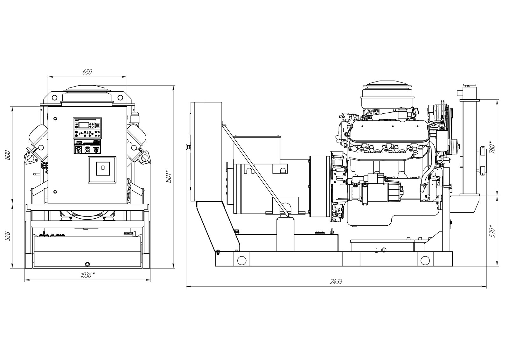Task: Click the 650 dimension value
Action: (x=87, y=72)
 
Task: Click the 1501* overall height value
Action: (x=169, y=176)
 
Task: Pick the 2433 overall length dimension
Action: (x=336, y=282)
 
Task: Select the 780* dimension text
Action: (x=492, y=147)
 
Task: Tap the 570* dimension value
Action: (x=492, y=231)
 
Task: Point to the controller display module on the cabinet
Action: (x=87, y=128)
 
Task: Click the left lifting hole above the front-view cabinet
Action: (x=54, y=98)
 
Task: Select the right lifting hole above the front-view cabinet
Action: (x=120, y=98)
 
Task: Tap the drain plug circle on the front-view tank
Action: (x=87, y=264)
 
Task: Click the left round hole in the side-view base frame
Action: (x=241, y=260)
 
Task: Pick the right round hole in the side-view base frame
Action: (x=425, y=260)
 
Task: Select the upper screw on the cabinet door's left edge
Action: (x=55, y=118)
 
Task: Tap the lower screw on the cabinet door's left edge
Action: (x=55, y=192)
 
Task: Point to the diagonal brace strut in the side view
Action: (x=255, y=171)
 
